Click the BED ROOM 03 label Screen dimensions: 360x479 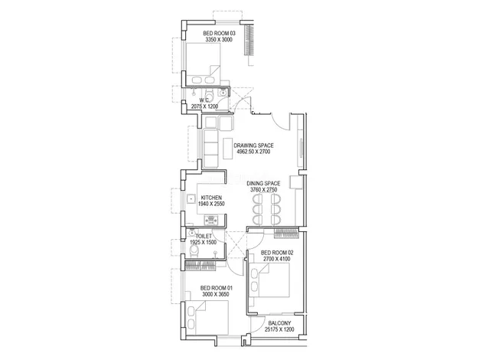(x=219, y=33)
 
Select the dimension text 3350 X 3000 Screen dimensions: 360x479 (x=218, y=40)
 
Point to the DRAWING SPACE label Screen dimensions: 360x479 (x=254, y=145)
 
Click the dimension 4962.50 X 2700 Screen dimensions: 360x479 (x=254, y=152)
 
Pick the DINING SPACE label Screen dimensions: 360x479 (x=262, y=184)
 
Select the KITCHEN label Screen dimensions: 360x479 (x=212, y=197)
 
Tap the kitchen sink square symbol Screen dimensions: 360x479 (x=191, y=198)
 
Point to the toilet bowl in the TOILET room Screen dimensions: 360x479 (x=194, y=250)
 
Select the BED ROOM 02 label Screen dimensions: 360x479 (x=277, y=253)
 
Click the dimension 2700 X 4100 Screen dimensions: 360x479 (x=277, y=260)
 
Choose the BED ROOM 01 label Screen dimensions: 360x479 (x=206, y=288)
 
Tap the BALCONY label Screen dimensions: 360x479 (x=279, y=323)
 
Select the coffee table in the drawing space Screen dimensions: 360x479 (x=228, y=150)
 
